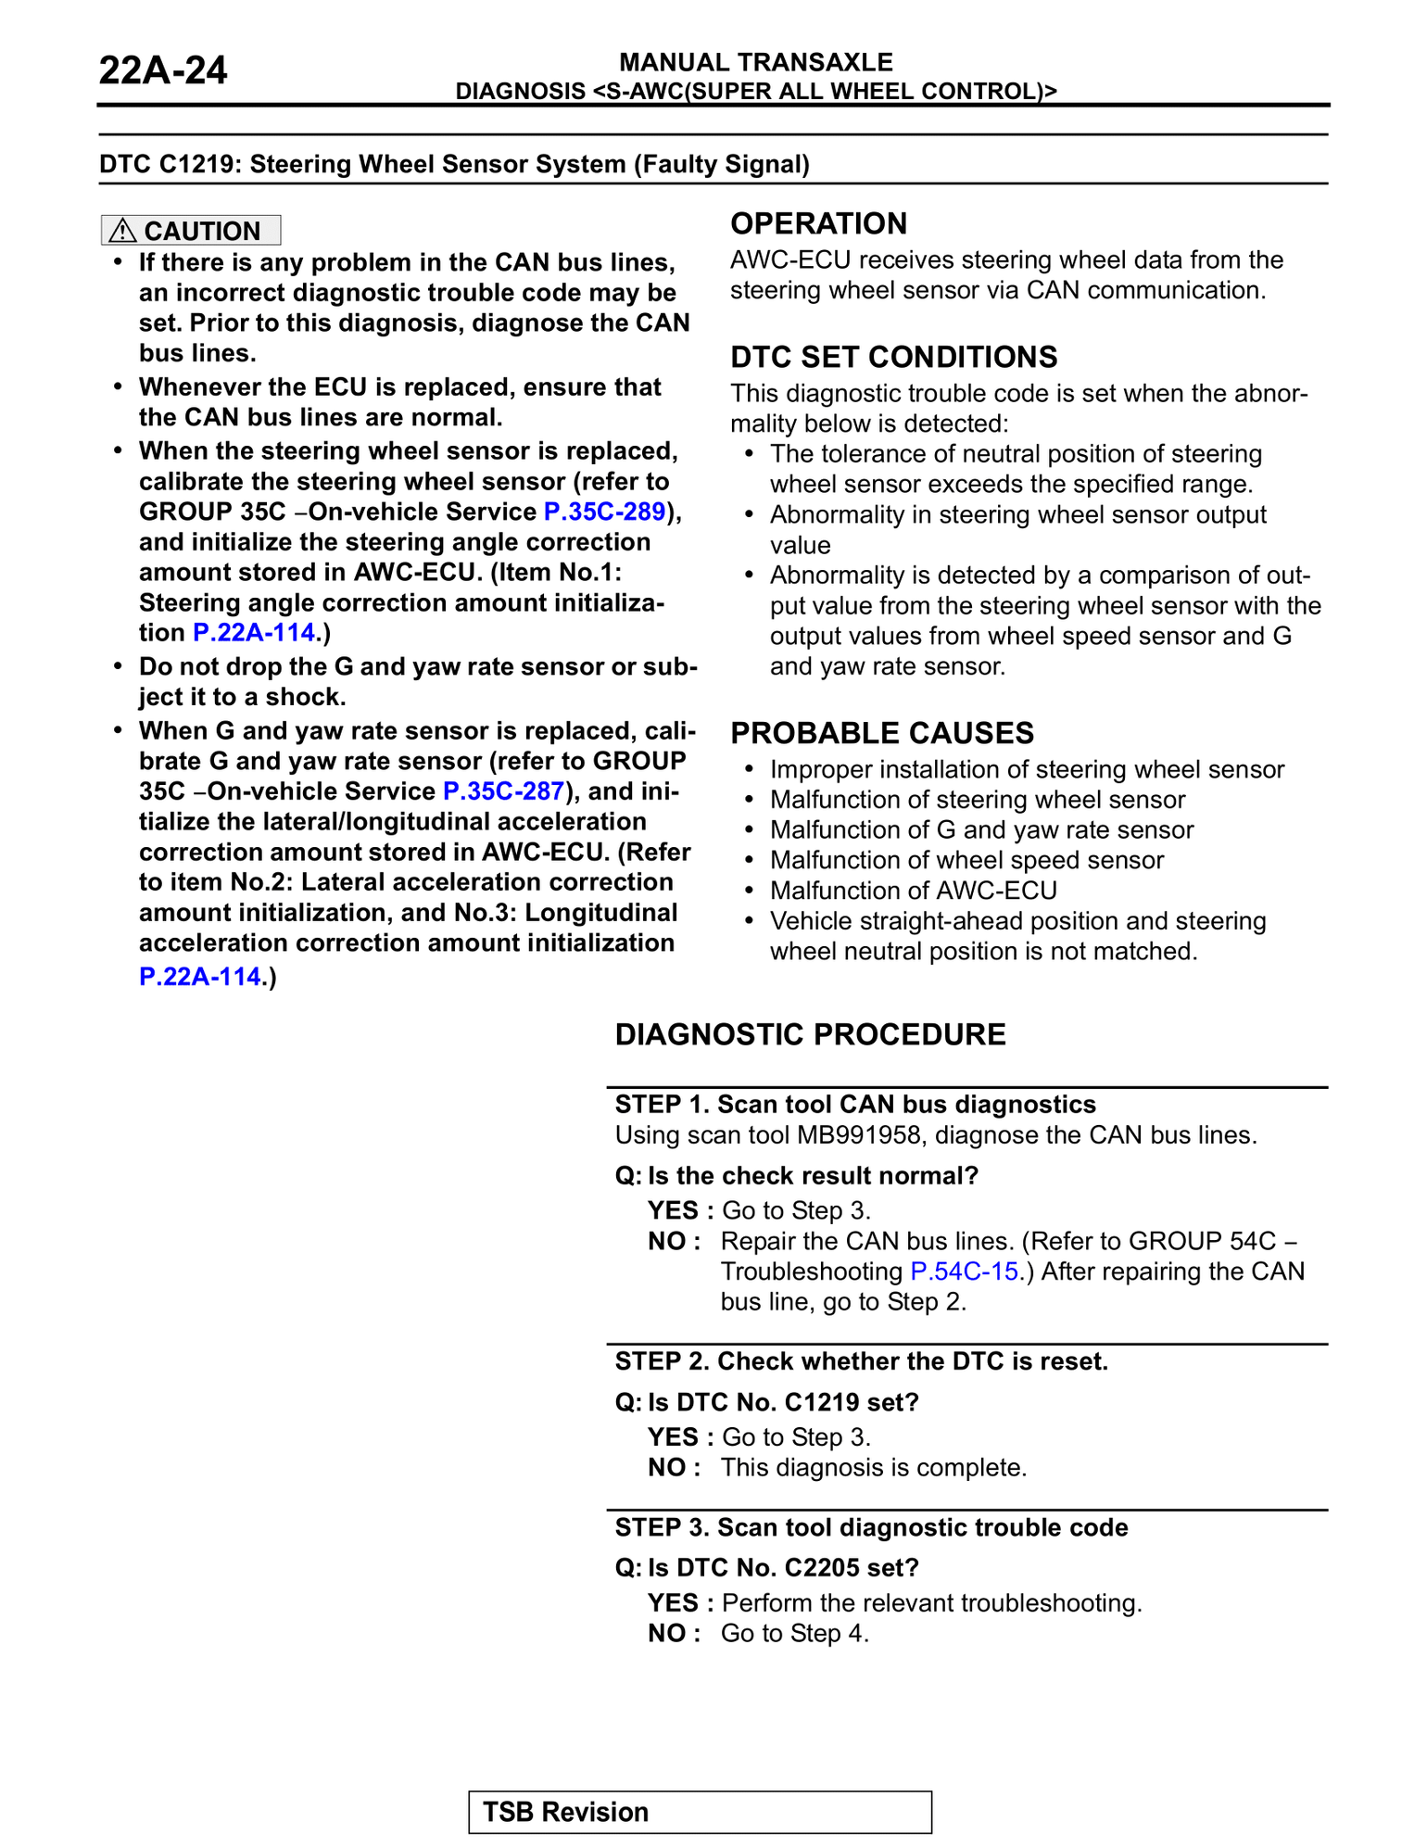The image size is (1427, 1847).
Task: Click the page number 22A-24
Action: pos(163,70)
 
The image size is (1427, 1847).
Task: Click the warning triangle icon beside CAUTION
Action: pos(122,230)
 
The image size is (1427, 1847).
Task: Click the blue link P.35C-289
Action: pos(604,512)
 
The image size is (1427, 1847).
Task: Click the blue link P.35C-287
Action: pos(503,791)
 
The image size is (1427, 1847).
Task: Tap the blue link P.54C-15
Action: pos(965,1271)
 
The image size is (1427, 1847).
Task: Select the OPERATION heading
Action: pos(819,223)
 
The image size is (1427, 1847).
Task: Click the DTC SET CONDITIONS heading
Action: pos(893,357)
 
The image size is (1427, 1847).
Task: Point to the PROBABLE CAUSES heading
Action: pos(882,733)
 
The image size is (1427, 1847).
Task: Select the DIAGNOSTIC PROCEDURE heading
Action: pos(810,1034)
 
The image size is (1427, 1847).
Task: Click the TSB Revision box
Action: pos(700,1812)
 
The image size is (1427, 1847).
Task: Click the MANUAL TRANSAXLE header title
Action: pos(756,62)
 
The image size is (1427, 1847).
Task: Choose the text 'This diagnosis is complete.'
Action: pos(874,1467)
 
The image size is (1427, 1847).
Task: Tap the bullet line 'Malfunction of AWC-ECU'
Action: pos(914,890)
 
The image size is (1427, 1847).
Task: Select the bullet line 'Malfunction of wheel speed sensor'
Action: pos(966,860)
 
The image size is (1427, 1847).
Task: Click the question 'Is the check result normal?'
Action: pos(813,1175)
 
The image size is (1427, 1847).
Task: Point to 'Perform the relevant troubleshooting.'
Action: pos(931,1602)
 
